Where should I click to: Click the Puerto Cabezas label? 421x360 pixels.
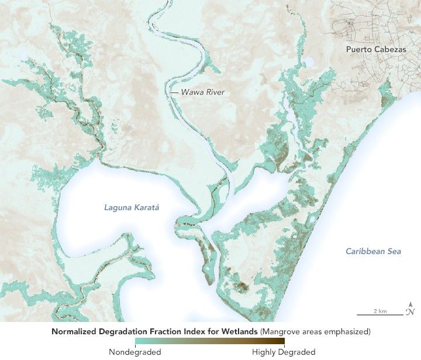click(375, 49)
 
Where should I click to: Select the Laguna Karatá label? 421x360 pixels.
click(132, 207)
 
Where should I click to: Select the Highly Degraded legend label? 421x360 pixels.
click(284, 352)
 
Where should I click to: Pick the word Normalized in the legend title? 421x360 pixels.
click(74, 332)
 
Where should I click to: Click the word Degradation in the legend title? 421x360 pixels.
click(126, 332)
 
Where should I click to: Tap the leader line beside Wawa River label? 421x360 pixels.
click(174, 92)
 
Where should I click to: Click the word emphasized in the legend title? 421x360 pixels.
click(346, 332)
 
